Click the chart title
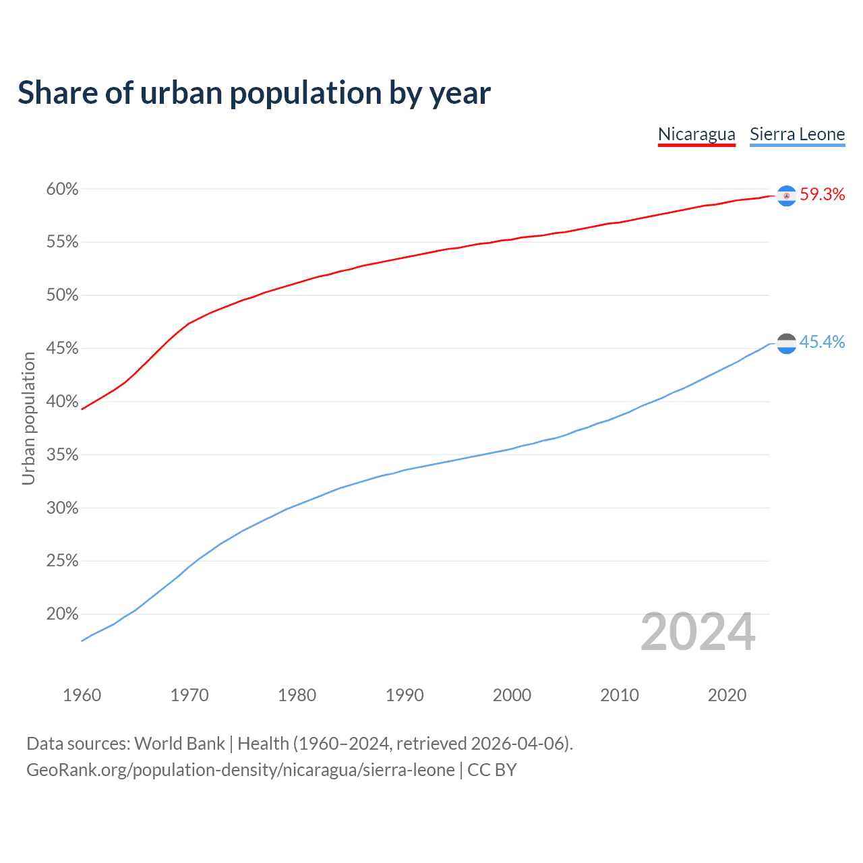pos(254,93)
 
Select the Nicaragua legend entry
pos(696,134)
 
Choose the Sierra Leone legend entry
pos(797,134)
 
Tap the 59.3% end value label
pos(822,195)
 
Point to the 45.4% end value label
pos(822,343)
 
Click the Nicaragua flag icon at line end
pos(786,196)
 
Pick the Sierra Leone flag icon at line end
pos(786,343)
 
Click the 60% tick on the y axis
pos(62,189)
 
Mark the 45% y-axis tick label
pos(62,349)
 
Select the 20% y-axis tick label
pos(62,614)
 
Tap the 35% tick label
pos(62,455)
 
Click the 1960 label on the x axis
pos(82,695)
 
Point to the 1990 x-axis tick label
pos(405,695)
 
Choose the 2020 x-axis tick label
pos(727,695)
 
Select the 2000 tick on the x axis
pos(512,695)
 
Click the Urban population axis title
pos(28,418)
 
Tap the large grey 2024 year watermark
pos(698,632)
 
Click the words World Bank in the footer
pos(179,744)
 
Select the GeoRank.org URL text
pos(240,770)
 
